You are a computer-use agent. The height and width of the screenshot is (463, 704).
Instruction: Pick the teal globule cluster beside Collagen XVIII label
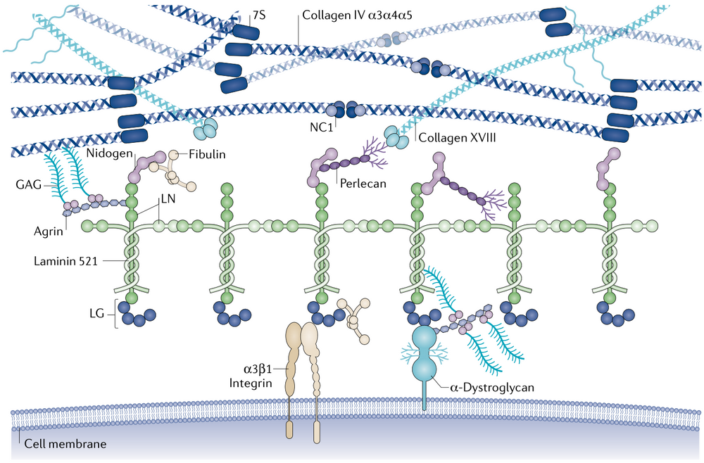tap(396, 139)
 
